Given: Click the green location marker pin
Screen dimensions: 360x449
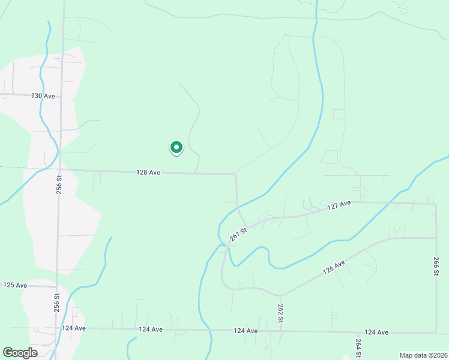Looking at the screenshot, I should (x=176, y=147).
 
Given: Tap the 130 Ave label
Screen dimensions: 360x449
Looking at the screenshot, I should (x=43, y=96).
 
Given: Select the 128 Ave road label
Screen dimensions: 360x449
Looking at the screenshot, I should (x=148, y=172).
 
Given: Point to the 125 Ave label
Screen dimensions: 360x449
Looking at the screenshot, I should (x=16, y=285).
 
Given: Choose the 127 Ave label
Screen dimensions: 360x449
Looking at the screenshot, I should (x=339, y=205).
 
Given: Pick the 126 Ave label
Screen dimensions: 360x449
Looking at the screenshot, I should (x=334, y=266).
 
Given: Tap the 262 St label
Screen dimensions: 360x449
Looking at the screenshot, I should (x=280, y=313).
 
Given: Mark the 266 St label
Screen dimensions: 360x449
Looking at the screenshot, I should (x=435, y=265).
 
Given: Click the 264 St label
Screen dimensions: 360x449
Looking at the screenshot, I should (x=358, y=348).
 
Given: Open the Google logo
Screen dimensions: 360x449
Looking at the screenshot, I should (x=20, y=353).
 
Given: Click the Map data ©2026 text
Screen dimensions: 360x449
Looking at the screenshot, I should (x=423, y=355).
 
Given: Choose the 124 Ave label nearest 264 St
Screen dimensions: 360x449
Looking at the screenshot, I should (x=376, y=332).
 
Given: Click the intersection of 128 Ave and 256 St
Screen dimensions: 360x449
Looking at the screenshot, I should (x=59, y=169).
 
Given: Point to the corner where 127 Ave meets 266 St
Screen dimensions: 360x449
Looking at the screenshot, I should (x=435, y=203).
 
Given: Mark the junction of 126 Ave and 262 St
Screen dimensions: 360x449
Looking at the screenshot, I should (x=280, y=295).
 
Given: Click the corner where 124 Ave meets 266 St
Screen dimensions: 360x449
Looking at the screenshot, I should (x=436, y=332).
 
